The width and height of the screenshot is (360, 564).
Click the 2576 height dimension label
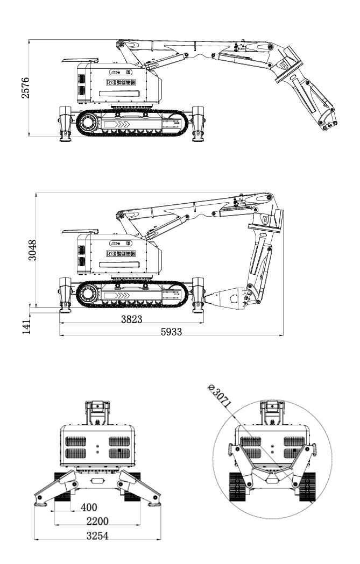tap(33, 88)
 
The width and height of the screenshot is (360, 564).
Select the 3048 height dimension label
tap(33, 250)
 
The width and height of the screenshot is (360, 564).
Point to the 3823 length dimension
tap(131, 319)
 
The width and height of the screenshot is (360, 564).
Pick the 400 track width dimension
tap(89, 507)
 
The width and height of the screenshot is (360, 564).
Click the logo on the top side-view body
tap(120, 83)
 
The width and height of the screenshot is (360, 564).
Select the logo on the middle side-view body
tap(120, 253)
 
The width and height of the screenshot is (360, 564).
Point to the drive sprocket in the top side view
tap(87, 123)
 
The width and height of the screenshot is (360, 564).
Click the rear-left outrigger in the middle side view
tap(66, 293)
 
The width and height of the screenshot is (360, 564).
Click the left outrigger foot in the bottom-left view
tap(39, 503)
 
